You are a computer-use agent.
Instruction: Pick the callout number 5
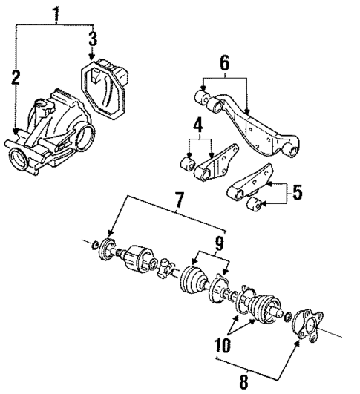coord(297,193)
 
